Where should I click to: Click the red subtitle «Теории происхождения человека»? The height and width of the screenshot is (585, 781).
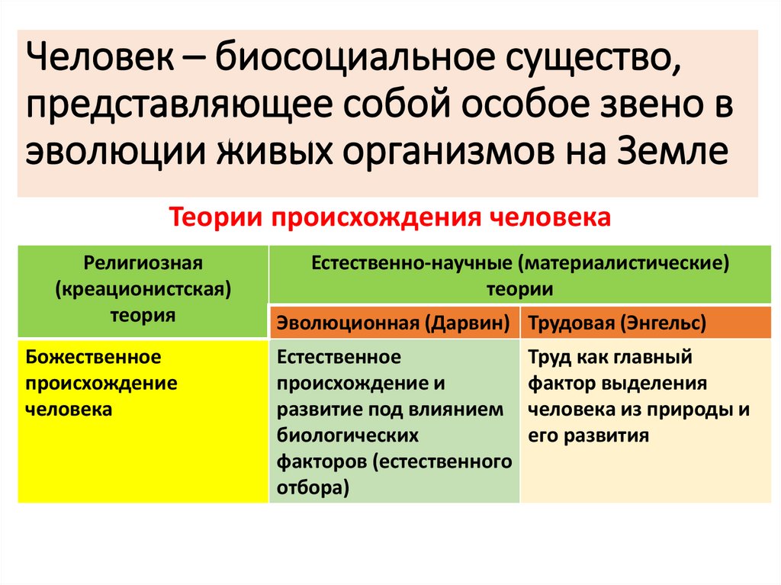point(390,218)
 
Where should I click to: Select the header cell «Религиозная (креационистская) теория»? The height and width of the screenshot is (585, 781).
point(143,290)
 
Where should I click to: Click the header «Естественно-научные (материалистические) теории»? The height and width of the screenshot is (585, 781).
point(519,276)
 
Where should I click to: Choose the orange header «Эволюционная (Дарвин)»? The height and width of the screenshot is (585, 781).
point(394,323)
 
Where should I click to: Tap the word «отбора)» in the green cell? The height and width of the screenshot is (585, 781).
point(313,488)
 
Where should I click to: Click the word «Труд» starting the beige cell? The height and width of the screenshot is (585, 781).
point(548,357)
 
